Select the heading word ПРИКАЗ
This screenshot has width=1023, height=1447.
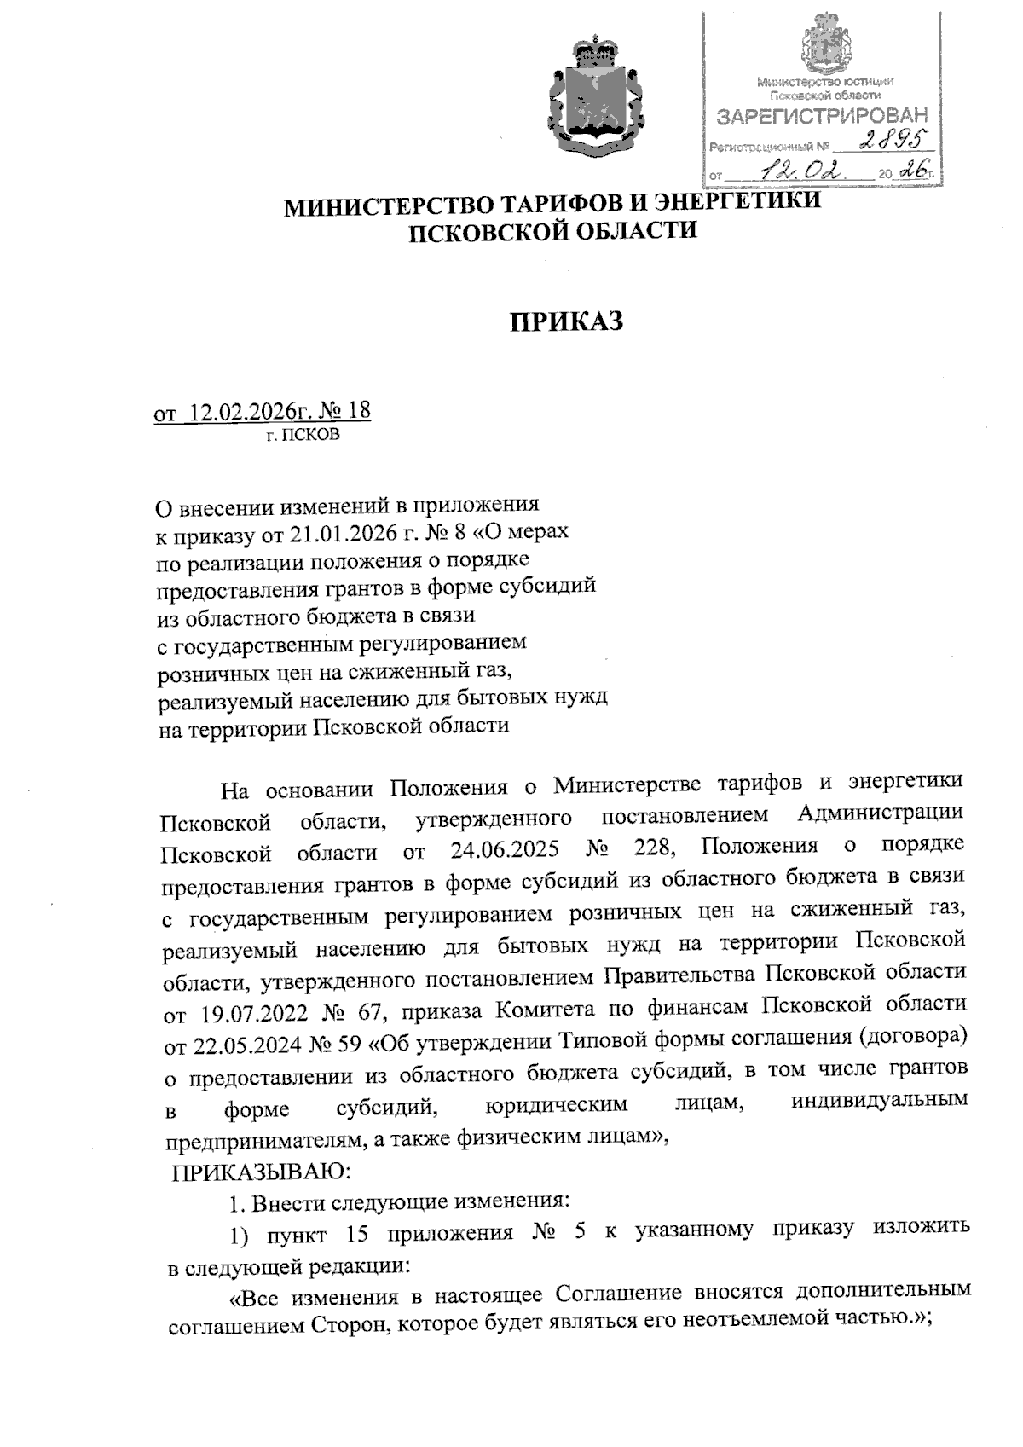[567, 322]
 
